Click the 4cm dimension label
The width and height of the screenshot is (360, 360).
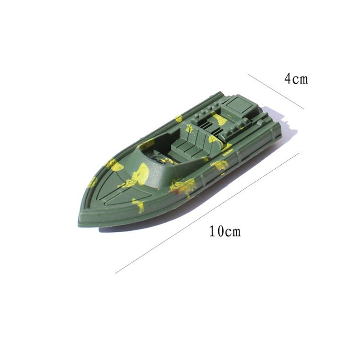pos(296,79)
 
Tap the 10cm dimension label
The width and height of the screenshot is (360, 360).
pos(225,232)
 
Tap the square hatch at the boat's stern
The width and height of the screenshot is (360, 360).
pos(237,107)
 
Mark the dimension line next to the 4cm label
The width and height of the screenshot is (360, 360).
pos(275,91)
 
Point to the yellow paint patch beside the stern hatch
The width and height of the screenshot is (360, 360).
pos(220,119)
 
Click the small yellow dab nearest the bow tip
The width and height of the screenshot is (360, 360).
pos(93,182)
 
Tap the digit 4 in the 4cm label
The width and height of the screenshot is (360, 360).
pos(287,79)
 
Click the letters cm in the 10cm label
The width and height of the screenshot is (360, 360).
pos(233,232)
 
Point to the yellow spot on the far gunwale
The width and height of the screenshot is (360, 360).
pos(179,119)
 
